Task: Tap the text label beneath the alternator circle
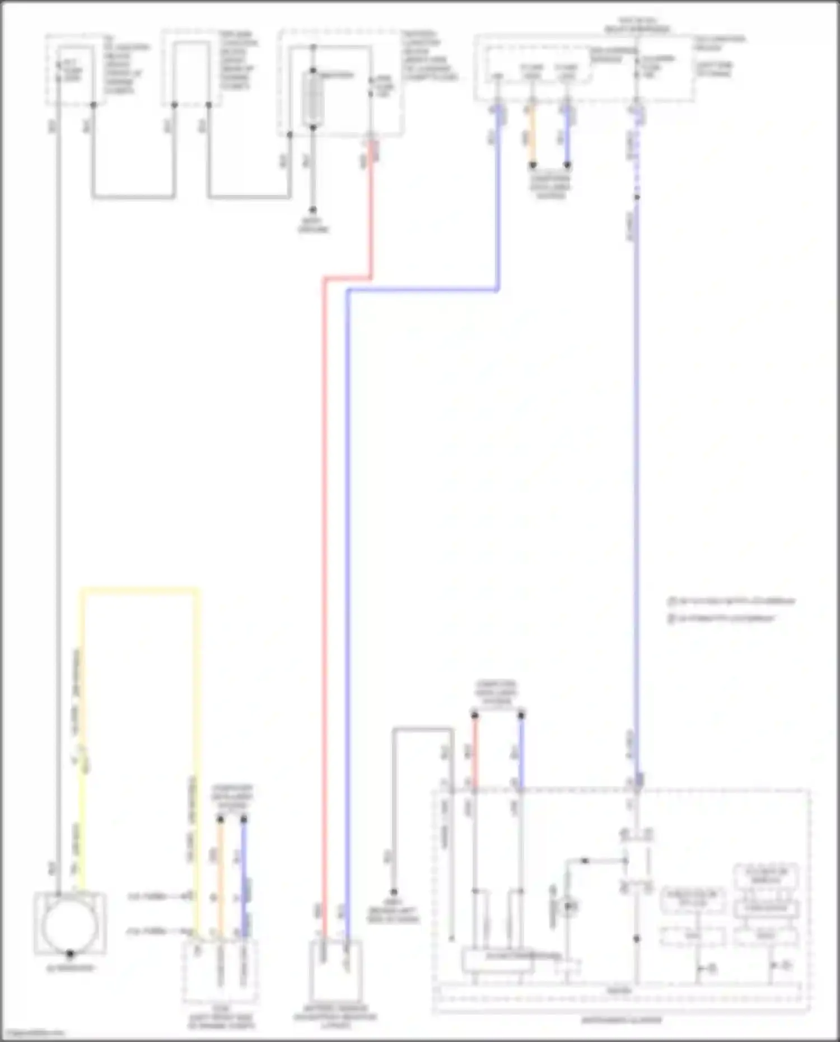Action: click(70, 968)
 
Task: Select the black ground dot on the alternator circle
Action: click(70, 953)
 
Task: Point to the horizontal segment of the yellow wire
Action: click(140, 590)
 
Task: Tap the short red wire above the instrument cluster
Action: click(475, 750)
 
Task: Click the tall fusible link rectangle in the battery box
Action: click(313, 99)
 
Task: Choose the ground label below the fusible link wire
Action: click(313, 226)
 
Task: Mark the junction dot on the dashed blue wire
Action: click(637, 197)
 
